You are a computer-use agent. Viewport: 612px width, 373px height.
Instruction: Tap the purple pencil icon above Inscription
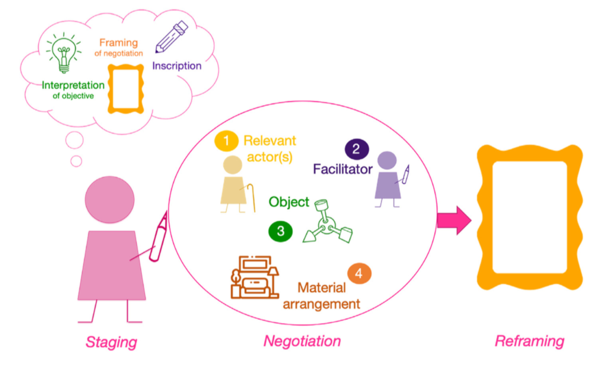tap(171, 37)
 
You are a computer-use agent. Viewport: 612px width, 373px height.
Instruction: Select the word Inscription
tap(177, 66)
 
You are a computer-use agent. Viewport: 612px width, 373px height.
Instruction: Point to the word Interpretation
tap(73, 86)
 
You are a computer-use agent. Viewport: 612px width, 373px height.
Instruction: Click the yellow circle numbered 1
tap(227, 142)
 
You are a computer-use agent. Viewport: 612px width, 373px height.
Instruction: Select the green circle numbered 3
tap(281, 231)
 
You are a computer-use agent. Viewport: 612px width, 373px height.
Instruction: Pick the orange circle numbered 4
tap(359, 274)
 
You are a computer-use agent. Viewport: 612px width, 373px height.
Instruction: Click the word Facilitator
tap(342, 169)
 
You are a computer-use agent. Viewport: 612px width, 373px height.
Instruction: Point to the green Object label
tap(289, 202)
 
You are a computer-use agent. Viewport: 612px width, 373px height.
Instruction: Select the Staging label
tap(111, 341)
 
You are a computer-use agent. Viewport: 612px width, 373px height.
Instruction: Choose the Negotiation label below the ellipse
tap(302, 341)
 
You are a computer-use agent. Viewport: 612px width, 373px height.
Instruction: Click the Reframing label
tap(529, 341)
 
